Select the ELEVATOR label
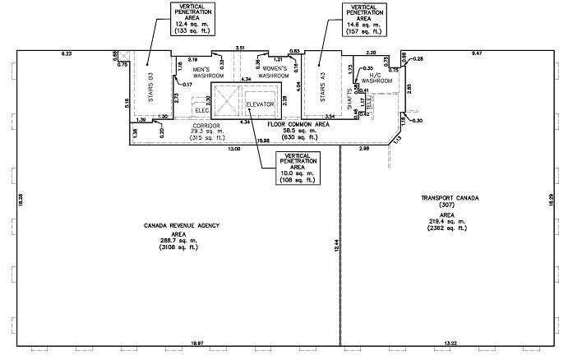261,104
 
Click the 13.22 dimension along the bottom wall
450,341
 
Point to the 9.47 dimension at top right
477,53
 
